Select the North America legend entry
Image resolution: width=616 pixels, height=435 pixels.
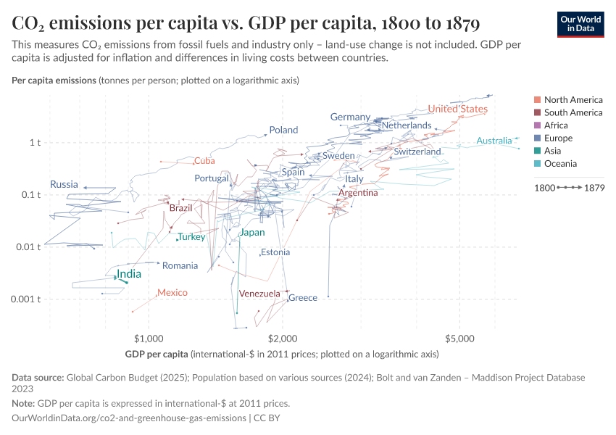573,99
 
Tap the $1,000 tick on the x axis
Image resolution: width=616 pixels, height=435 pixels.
149,338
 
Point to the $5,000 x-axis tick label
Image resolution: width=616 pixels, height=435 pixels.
459,338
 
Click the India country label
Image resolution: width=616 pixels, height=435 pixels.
128,275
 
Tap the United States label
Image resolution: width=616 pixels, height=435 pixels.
457,109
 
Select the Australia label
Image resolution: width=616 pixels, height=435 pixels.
494,141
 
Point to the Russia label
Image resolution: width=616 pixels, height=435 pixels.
64,185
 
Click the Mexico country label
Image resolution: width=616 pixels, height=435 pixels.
172,293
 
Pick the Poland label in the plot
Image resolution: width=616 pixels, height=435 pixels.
283,130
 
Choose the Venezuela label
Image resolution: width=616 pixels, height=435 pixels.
259,294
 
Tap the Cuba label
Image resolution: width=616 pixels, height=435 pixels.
204,161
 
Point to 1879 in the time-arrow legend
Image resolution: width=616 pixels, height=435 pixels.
594,188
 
